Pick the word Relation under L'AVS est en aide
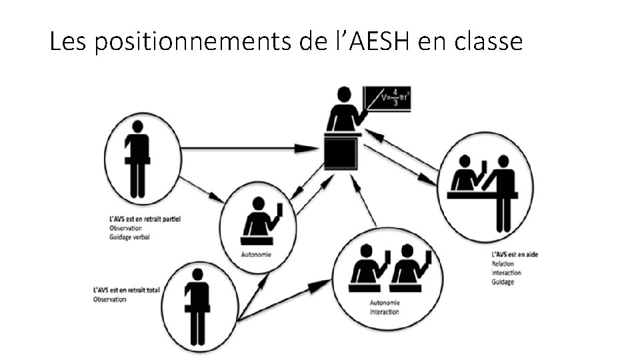tap(502, 264)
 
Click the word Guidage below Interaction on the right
tap(503, 282)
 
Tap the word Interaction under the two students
tap(384, 312)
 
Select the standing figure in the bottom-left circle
tap(197, 304)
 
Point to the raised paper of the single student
tap(279, 210)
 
